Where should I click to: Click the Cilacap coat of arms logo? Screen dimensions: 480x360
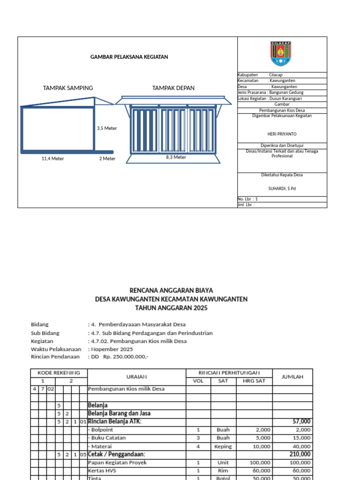(281, 54)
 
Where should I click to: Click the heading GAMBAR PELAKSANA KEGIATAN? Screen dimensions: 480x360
(129, 57)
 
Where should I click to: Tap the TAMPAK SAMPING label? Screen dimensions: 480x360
(68, 88)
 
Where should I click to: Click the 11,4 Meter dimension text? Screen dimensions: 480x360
(53, 158)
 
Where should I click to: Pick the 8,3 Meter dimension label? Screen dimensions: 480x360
(176, 157)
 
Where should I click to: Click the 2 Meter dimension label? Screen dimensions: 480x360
(107, 158)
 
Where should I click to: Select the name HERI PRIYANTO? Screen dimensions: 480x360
(282, 134)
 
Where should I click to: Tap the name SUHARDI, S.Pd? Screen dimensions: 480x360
(282, 188)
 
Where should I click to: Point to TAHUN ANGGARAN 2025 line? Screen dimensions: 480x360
(171, 308)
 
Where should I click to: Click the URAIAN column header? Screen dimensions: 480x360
(137, 376)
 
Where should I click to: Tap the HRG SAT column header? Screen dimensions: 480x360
(254, 381)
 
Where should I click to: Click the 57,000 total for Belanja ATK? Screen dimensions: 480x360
(300, 421)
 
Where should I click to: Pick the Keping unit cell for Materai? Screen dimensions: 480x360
(223, 446)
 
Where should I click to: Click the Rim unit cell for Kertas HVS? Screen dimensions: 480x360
(223, 470)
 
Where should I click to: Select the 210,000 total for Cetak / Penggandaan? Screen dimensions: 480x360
(299, 454)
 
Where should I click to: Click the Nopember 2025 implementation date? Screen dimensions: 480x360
(112, 349)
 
